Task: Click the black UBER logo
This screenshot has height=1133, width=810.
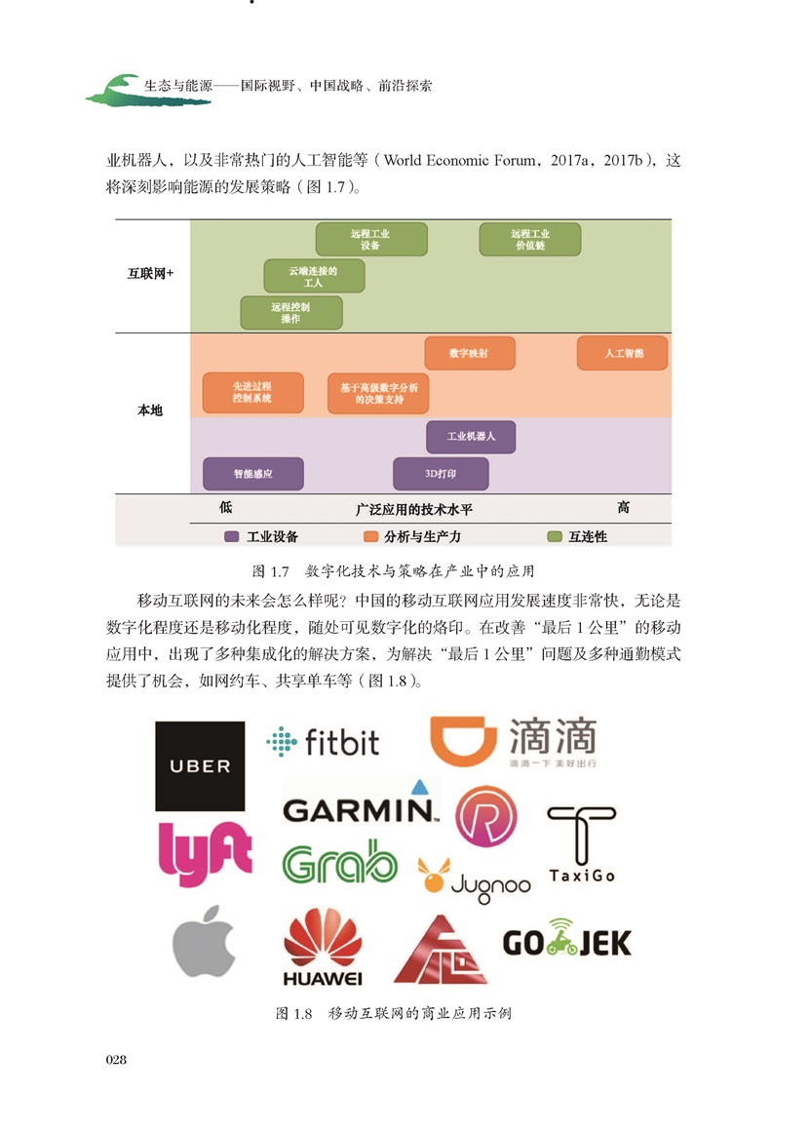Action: point(200,765)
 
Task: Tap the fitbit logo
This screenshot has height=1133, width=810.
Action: point(323,742)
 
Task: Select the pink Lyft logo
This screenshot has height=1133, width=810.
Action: point(205,853)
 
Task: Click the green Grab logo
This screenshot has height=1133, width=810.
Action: point(339,863)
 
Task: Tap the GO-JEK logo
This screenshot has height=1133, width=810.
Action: point(566,940)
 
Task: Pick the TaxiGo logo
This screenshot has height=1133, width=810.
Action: point(581,844)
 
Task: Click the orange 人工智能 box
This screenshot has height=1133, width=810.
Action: point(622,353)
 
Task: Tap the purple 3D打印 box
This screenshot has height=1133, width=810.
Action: point(441,474)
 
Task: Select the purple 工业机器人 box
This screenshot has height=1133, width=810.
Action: point(471,436)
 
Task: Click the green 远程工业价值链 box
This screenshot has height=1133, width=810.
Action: point(529,240)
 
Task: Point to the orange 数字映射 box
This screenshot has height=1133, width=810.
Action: point(469,353)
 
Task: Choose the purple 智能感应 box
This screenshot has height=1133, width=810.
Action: point(252,474)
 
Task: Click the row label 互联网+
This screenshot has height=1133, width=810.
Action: point(149,274)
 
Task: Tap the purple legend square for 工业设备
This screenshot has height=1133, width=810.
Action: point(231,536)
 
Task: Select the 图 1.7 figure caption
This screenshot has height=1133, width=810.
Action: point(393,569)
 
